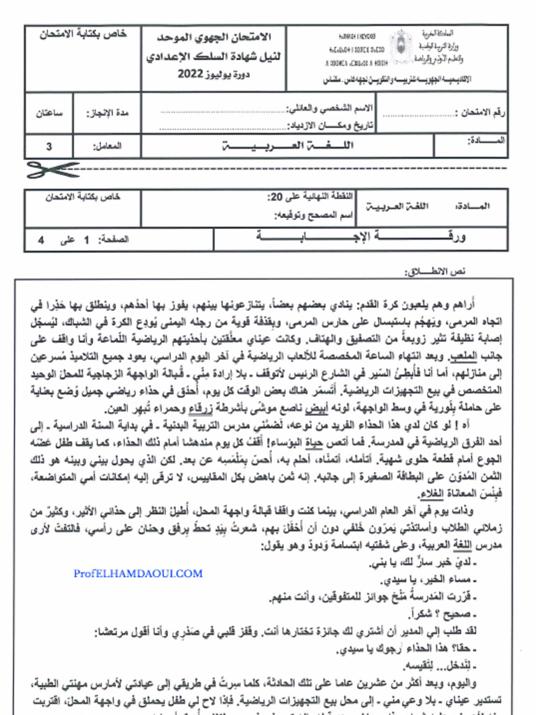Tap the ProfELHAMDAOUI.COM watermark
click(x=138, y=573)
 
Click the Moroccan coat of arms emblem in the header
click(x=401, y=47)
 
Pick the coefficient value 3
click(x=49, y=147)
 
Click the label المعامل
click(x=107, y=147)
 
